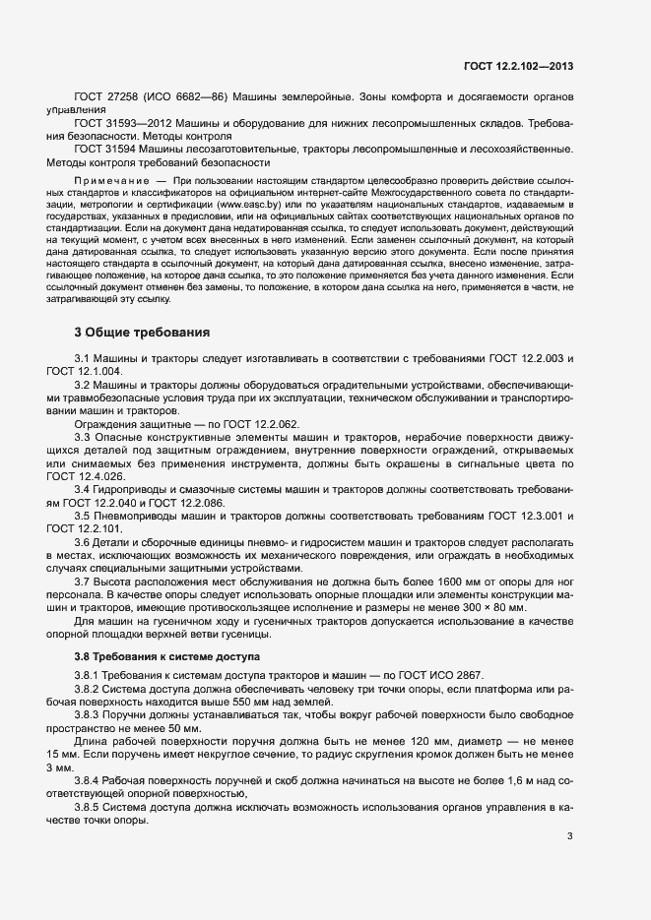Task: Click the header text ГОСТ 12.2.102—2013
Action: coord(518,67)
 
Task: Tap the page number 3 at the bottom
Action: coord(570,836)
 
